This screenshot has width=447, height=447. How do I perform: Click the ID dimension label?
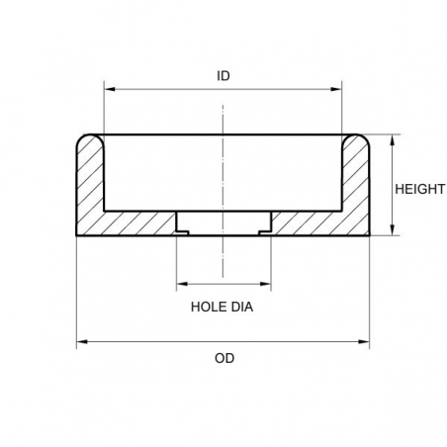point(223,75)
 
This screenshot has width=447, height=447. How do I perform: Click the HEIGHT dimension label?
point(419,188)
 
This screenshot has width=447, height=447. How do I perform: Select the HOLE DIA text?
point(223,308)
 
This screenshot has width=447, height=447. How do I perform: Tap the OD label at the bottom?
point(223,358)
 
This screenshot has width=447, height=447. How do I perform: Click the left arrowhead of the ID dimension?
point(108,90)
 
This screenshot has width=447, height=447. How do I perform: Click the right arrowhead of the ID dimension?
point(338,90)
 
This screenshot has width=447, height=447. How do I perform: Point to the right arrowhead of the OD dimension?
point(366,342)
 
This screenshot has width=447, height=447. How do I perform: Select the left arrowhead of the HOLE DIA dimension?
point(180,283)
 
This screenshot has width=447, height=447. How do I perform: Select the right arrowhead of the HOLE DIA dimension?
point(266,283)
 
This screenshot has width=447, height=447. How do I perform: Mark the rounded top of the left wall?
point(90,137)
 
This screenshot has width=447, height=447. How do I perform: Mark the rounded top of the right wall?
point(356,137)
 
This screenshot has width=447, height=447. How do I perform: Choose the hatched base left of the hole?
point(138,223)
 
